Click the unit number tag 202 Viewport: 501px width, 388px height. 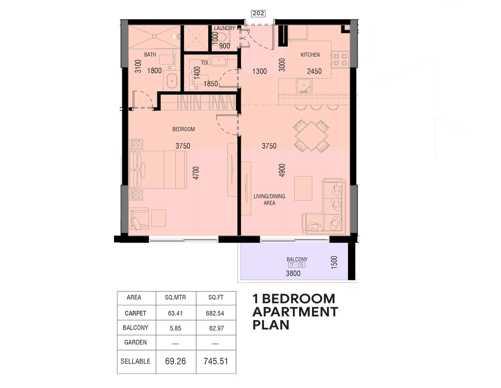click(x=258, y=13)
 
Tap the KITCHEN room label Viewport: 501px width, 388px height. click(x=310, y=55)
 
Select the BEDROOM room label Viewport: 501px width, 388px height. click(x=184, y=129)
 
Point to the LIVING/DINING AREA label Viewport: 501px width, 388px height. click(x=269, y=199)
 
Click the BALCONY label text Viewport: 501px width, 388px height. click(x=297, y=259)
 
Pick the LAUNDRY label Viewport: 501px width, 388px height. click(x=224, y=28)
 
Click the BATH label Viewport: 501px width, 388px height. click(x=150, y=55)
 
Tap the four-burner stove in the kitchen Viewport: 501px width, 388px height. click(x=339, y=59)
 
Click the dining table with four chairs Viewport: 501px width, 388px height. click(x=312, y=136)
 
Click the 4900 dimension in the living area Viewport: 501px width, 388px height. click(x=282, y=170)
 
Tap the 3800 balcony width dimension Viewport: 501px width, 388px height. click(x=293, y=274)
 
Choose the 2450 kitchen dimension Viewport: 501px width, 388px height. click(x=314, y=71)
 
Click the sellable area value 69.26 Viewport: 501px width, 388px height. click(x=175, y=361)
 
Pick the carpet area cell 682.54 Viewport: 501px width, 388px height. click(x=216, y=314)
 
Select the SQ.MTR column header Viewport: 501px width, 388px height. click(x=175, y=297)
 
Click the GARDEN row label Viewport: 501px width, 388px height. click(x=135, y=343)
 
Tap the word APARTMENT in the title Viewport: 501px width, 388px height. click(x=295, y=312)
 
